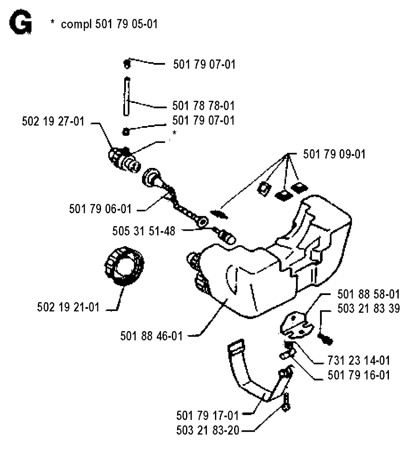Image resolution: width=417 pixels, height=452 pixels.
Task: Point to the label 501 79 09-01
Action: (x=334, y=155)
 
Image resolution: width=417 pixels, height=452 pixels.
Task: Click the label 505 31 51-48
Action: (x=144, y=231)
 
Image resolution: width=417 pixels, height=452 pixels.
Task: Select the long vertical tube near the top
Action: (x=127, y=97)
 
